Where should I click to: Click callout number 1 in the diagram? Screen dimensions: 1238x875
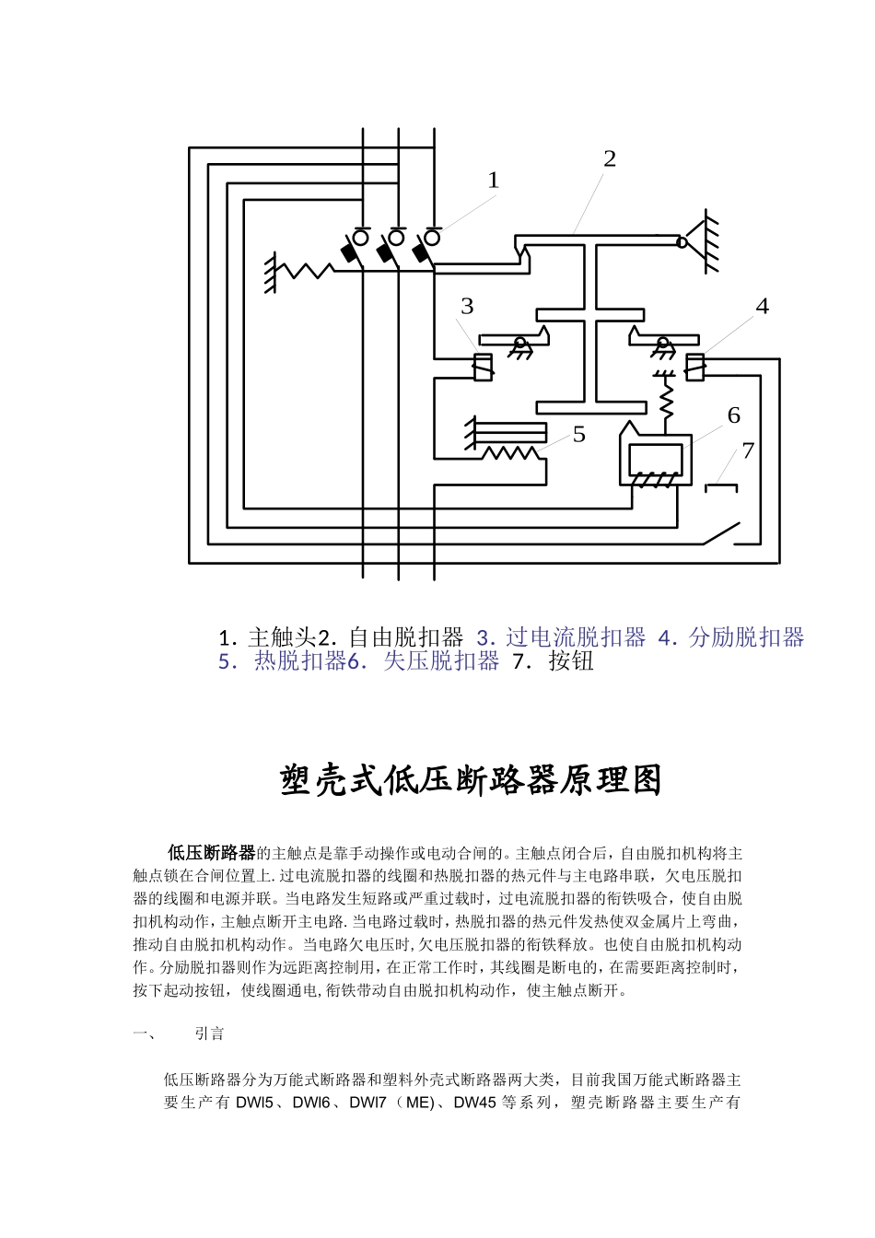point(493,181)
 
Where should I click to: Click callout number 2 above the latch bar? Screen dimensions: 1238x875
point(609,158)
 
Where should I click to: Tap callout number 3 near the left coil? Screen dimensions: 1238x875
point(467,306)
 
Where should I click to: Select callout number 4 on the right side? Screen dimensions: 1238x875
point(762,306)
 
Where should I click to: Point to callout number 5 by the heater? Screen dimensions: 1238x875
point(578,434)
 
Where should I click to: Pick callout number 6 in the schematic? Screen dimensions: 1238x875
point(733,415)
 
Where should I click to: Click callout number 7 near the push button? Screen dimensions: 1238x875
point(748,450)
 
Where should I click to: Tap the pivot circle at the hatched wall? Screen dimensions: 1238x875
point(682,243)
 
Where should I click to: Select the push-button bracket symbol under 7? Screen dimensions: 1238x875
point(721,485)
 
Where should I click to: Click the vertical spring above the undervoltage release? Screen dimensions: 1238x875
point(664,399)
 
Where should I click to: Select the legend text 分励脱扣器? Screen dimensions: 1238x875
point(746,637)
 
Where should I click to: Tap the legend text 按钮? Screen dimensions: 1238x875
point(571,660)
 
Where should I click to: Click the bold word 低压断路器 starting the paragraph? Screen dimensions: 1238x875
point(210,852)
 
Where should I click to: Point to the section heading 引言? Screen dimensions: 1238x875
point(209,1034)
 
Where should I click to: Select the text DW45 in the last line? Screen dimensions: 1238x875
point(476,1103)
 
